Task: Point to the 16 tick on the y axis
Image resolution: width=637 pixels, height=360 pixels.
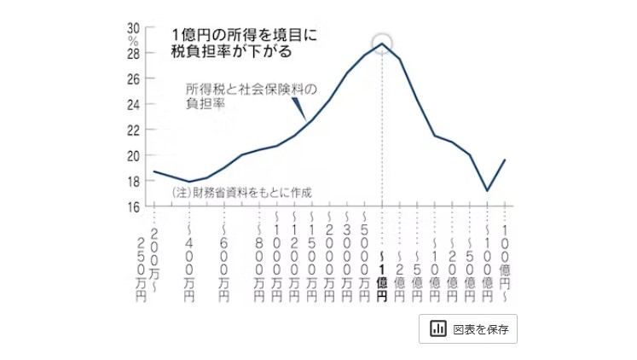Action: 135,206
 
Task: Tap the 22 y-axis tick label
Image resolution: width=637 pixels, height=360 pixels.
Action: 135,130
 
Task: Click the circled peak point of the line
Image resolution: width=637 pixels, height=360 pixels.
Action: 383,44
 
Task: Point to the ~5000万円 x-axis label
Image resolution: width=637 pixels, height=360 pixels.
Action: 364,256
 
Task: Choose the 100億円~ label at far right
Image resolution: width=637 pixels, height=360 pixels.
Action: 504,256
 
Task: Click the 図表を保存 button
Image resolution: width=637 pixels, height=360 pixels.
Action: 467,328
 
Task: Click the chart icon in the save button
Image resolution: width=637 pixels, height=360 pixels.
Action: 438,328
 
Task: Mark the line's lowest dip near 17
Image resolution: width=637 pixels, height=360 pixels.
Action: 487,190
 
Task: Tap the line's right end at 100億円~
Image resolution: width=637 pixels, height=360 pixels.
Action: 505,160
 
